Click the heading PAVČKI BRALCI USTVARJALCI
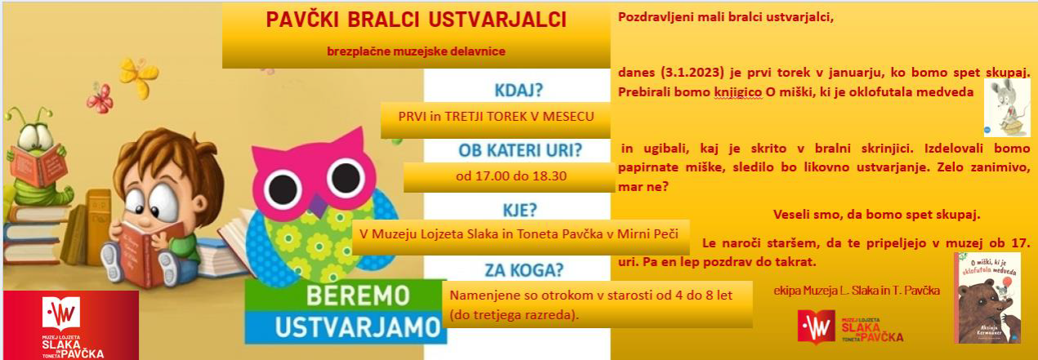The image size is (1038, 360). point(417,20)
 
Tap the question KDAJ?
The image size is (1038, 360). point(518,89)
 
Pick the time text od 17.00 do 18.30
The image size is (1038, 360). point(510,176)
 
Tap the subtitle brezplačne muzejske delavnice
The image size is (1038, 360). point(416,51)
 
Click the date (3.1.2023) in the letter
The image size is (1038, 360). point(694,72)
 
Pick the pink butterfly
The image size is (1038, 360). point(99,98)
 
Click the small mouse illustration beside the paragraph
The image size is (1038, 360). point(1006,107)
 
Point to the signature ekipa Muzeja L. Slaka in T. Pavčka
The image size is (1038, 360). point(856,290)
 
